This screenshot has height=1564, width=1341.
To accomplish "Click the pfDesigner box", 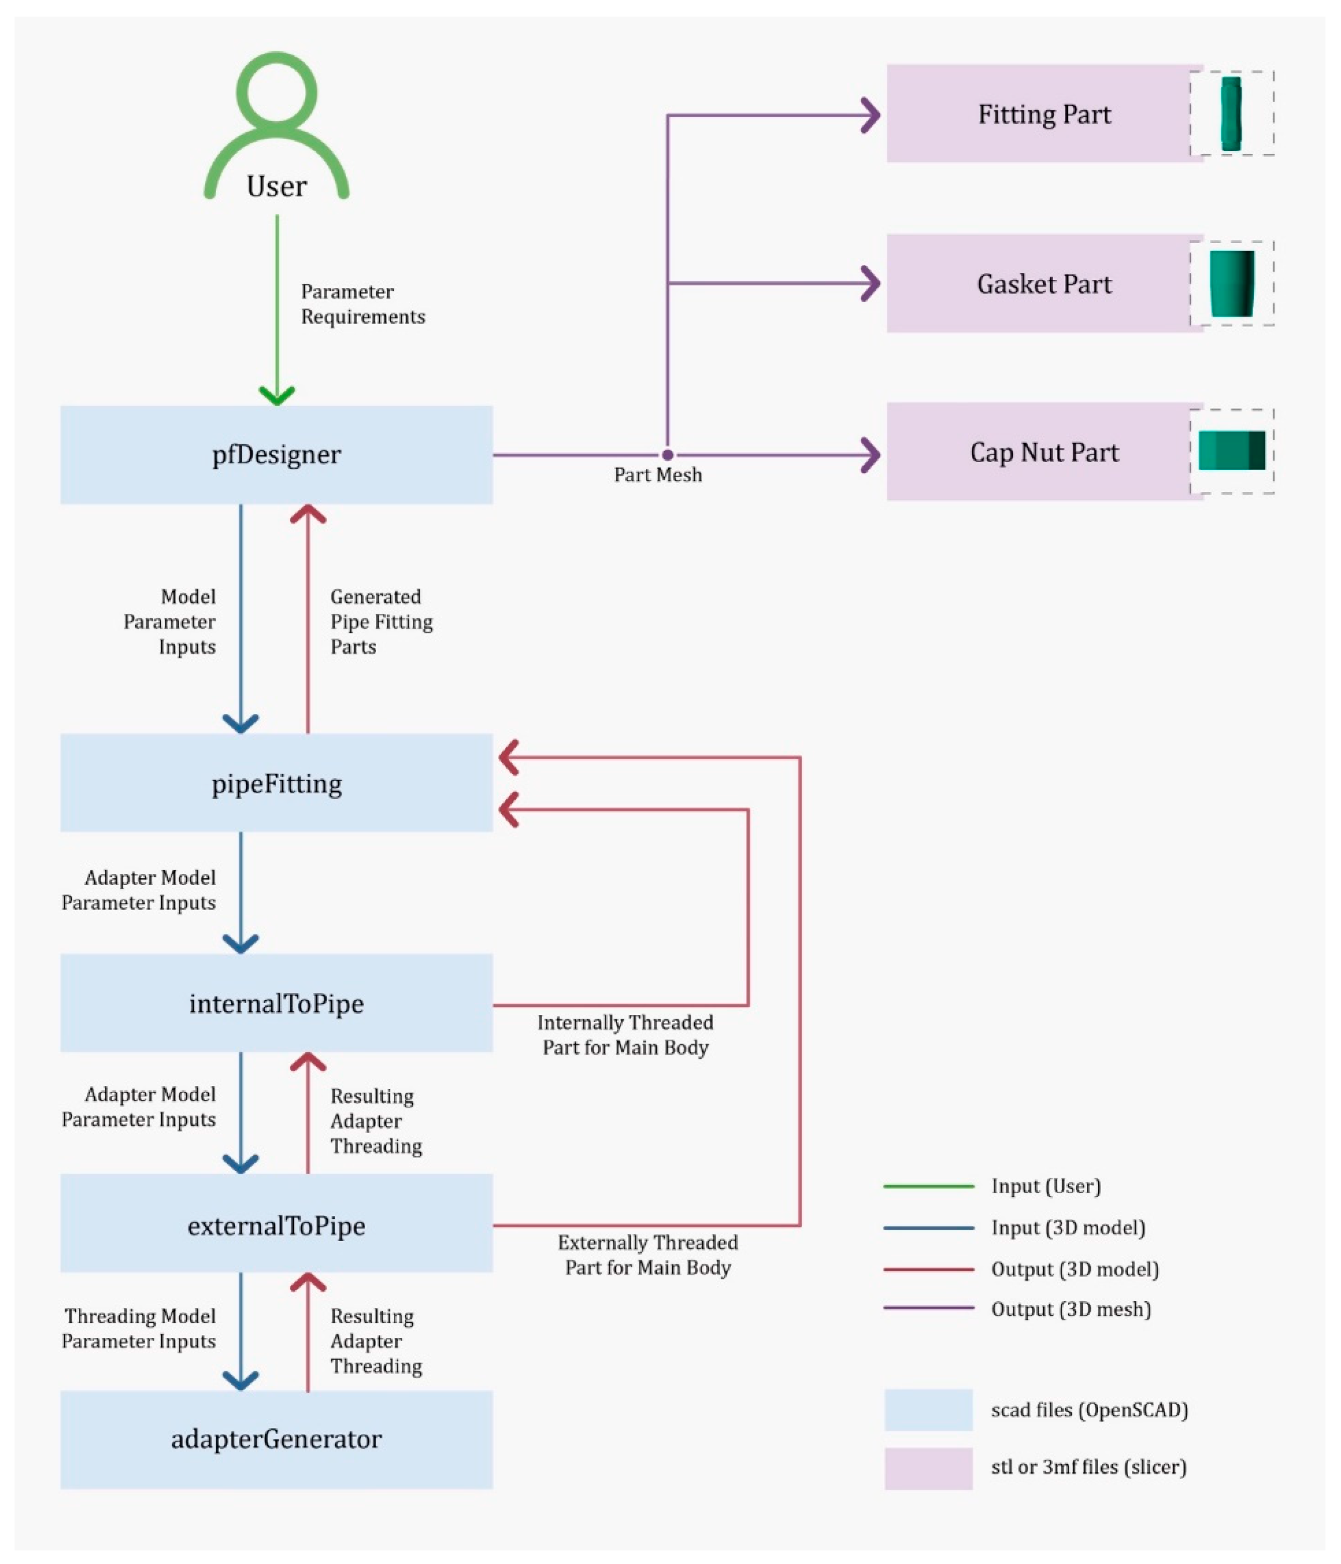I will pyautogui.click(x=276, y=454).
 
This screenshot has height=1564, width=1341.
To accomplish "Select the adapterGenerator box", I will pyautogui.click(x=276, y=1439).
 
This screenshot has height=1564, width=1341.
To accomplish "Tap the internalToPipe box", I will pyautogui.click(x=276, y=1003).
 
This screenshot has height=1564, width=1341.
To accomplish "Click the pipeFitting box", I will pyautogui.click(x=276, y=784).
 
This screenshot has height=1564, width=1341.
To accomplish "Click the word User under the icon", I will pyautogui.click(x=276, y=186).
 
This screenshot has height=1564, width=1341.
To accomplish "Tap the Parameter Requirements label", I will pyautogui.click(x=362, y=304).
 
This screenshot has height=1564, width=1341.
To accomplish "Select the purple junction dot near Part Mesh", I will pyautogui.click(x=667, y=454).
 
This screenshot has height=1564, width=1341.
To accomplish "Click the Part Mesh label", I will pyautogui.click(x=657, y=475).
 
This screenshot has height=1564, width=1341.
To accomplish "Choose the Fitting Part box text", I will pyautogui.click(x=1045, y=115).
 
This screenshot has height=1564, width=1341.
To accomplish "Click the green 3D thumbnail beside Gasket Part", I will pyautogui.click(x=1232, y=284).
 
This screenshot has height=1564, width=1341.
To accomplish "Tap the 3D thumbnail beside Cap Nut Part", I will pyautogui.click(x=1232, y=451).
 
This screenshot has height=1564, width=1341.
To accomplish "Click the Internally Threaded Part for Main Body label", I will pyautogui.click(x=625, y=1035).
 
